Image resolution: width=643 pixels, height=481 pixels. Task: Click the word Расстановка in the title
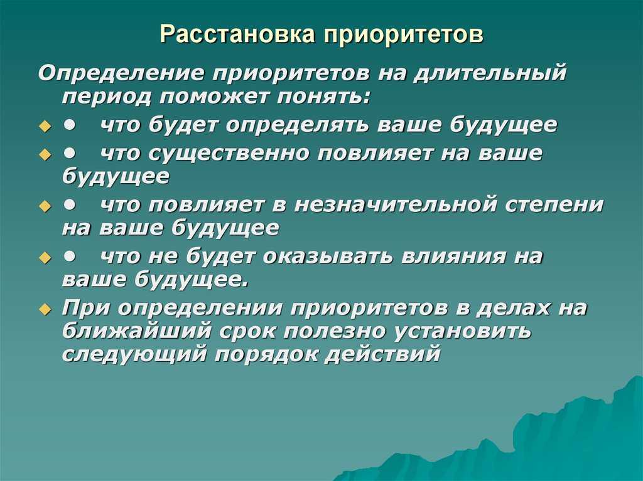tap(237, 34)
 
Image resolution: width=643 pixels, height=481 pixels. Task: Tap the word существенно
tap(229, 154)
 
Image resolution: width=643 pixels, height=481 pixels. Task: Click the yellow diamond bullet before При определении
tap(45, 309)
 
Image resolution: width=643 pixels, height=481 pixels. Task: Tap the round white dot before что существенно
tap(70, 153)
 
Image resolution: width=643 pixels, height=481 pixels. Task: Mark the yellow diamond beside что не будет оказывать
tap(45, 258)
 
